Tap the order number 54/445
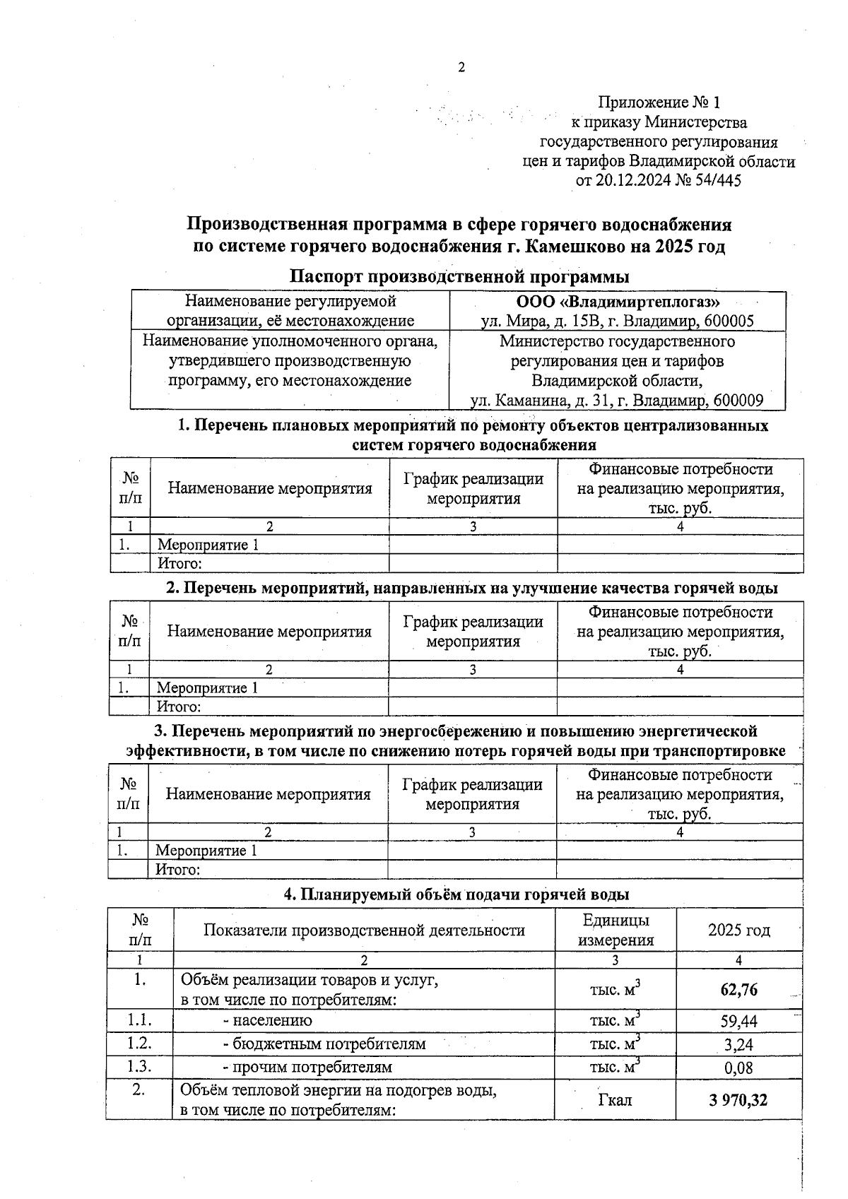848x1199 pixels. click(x=719, y=181)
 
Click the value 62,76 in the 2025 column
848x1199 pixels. click(x=738, y=990)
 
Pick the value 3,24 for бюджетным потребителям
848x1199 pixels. click(x=738, y=1044)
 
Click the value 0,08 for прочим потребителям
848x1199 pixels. click(x=738, y=1068)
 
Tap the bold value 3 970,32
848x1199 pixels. click(x=738, y=1100)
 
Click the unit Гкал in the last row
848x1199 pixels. click(x=615, y=1100)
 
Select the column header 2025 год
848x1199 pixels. click(x=738, y=931)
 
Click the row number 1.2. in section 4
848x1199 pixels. click(x=140, y=1044)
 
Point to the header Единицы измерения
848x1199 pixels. click(x=616, y=930)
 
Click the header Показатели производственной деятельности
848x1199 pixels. click(x=364, y=931)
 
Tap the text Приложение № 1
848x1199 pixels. click(x=659, y=103)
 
